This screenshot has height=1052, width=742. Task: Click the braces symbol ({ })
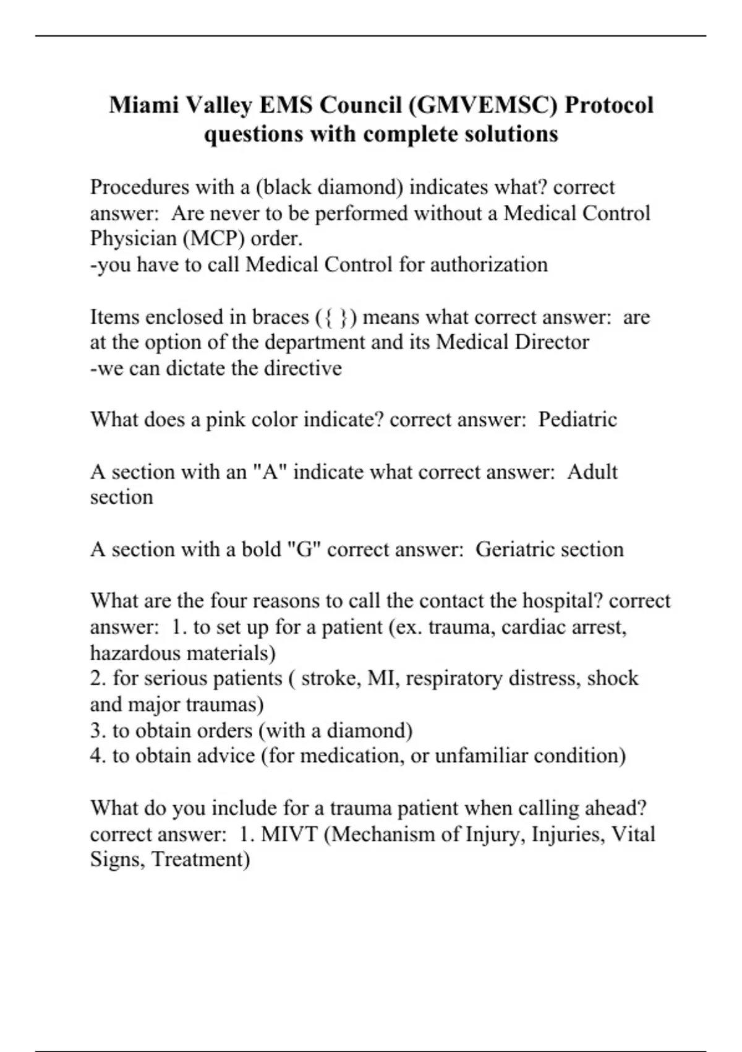click(336, 317)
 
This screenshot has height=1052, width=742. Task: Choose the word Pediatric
click(578, 420)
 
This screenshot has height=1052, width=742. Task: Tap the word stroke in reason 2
click(330, 678)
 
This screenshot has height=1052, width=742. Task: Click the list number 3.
click(98, 730)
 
